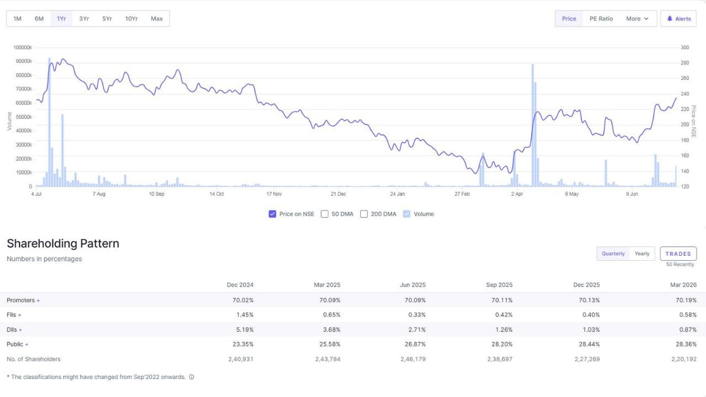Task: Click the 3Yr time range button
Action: click(84, 19)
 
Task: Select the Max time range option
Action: click(157, 19)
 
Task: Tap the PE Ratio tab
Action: click(601, 19)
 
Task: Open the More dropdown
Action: click(637, 19)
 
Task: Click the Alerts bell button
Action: click(678, 19)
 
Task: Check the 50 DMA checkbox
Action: click(325, 214)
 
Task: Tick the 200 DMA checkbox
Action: click(363, 214)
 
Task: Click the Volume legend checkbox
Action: click(407, 214)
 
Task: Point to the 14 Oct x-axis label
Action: click(217, 194)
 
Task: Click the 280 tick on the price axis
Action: click(684, 63)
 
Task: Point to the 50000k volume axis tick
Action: click(24, 117)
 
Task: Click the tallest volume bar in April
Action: click(533, 125)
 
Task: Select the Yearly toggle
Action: click(642, 254)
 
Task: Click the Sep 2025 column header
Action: click(499, 285)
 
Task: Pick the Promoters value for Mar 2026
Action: click(686, 300)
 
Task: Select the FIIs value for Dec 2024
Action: click(244, 314)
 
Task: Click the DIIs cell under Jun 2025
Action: click(416, 330)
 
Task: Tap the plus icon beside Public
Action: click(27, 345)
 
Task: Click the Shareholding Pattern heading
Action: click(63, 244)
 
